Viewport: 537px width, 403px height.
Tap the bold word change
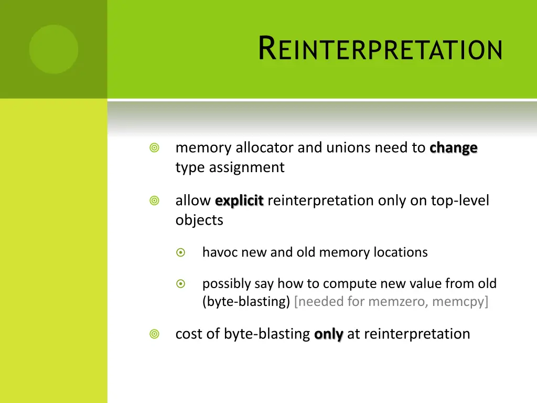coord(453,149)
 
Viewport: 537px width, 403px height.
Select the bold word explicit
coord(239,201)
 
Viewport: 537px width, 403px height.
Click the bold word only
coord(329,334)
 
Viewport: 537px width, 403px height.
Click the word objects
coord(199,220)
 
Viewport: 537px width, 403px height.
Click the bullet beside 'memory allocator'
coord(154,149)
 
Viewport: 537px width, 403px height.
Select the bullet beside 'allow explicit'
coord(154,201)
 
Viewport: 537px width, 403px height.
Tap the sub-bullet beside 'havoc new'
coord(181,252)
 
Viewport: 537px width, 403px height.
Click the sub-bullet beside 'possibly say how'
coord(181,284)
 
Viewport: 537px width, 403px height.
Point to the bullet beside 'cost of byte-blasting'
coord(154,334)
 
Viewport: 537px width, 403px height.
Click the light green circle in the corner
coord(53,49)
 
